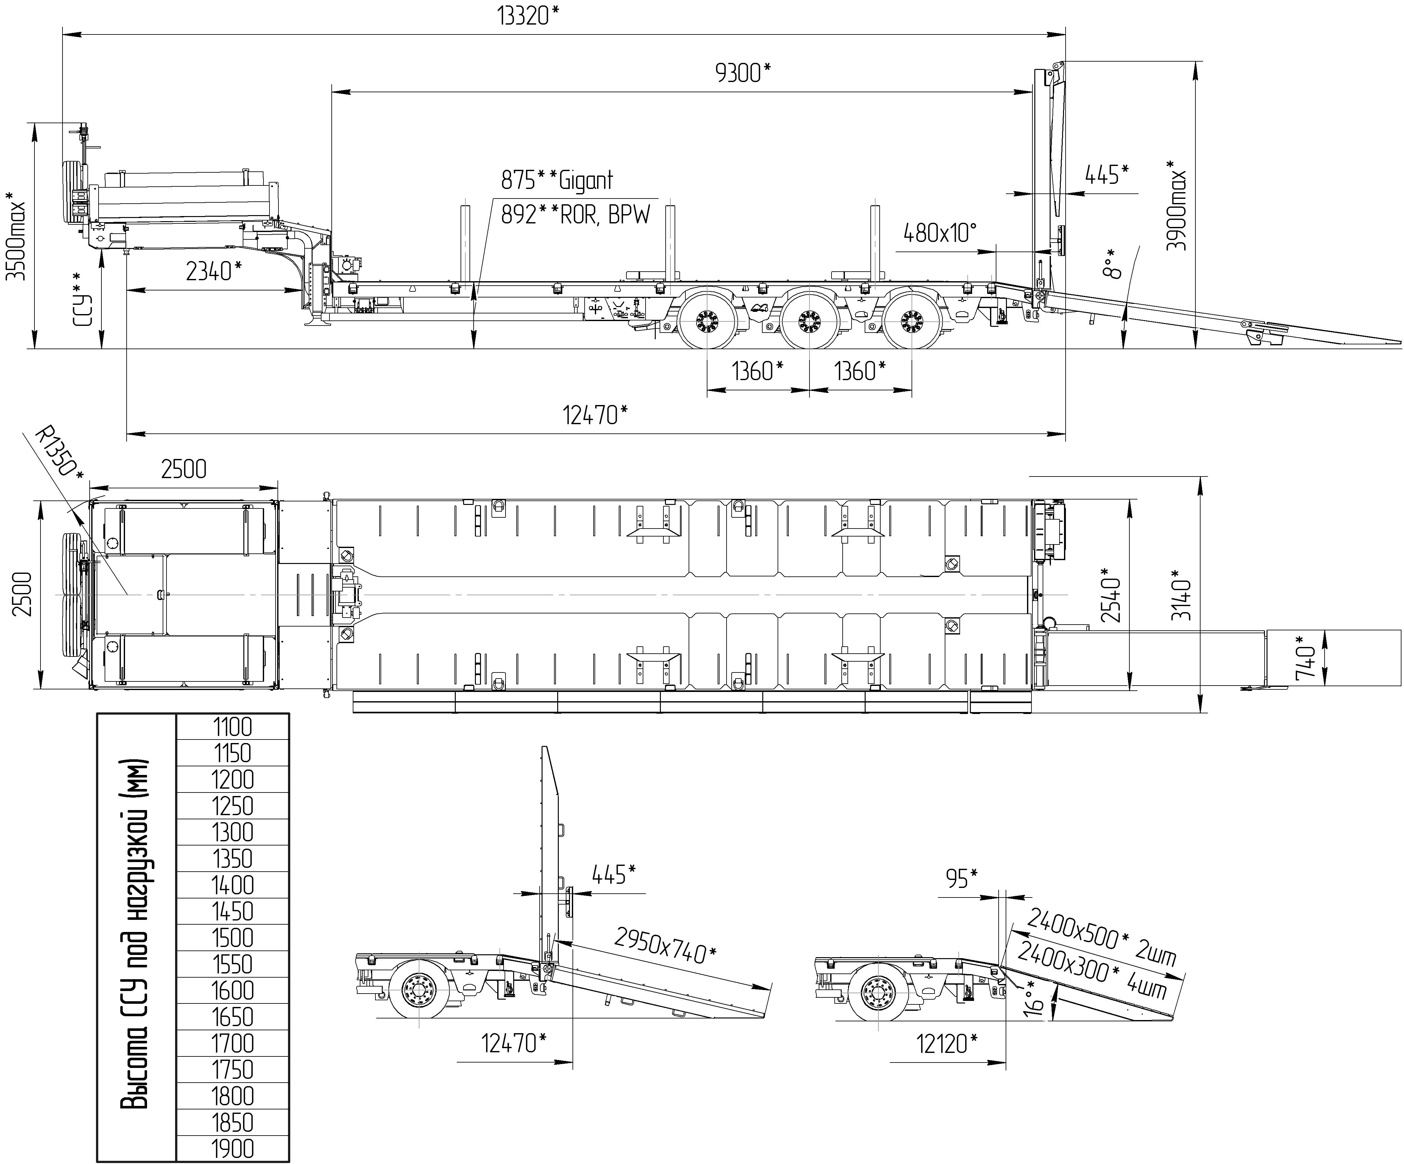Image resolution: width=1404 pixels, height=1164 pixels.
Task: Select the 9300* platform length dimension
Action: point(742,72)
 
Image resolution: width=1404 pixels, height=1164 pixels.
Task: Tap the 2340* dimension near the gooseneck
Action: point(213,271)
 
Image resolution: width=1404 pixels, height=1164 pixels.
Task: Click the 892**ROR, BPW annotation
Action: point(575,215)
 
